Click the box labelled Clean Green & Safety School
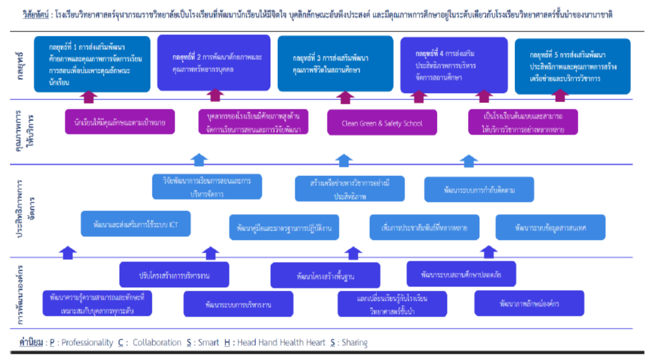tap(382, 123)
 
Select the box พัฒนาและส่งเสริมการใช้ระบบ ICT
tap(136, 224)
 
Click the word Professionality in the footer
tap(87, 343)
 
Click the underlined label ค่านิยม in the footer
tap(30, 343)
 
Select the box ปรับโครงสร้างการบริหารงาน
tap(173, 274)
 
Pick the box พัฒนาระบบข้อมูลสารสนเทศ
tap(551, 227)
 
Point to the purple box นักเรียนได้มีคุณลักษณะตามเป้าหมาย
tap(119, 122)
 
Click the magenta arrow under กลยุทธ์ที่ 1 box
tap(90, 96)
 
